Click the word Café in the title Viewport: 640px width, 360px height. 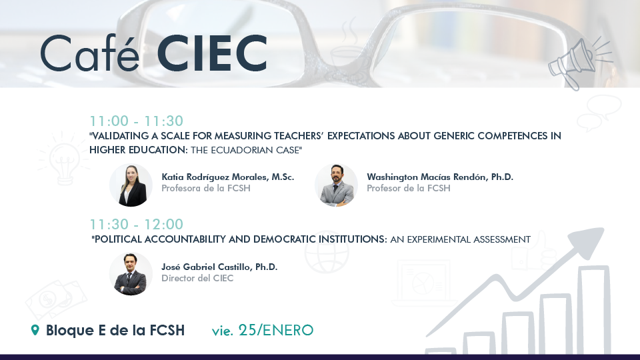(x=90, y=53)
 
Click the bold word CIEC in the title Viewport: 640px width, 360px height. (x=212, y=53)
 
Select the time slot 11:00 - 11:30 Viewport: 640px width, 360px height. (x=136, y=121)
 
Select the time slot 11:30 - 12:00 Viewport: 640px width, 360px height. (x=136, y=224)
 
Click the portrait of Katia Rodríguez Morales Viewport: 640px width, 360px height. (x=131, y=185)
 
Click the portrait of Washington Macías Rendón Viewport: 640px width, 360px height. (x=336, y=185)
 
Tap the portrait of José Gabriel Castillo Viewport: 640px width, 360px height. (x=131, y=274)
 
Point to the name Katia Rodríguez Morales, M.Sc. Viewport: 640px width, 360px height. (x=228, y=177)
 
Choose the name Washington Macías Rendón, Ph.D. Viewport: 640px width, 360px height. (x=440, y=177)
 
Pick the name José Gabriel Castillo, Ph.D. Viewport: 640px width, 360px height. (x=219, y=267)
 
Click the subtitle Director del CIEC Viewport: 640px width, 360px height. (x=197, y=279)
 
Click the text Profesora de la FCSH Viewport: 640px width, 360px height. (x=206, y=188)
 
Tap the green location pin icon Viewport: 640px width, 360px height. (x=35, y=330)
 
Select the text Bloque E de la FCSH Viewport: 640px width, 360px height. (x=115, y=330)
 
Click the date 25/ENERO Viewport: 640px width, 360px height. (x=276, y=330)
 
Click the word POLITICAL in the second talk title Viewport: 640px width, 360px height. (x=117, y=239)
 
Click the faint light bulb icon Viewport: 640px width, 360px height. (x=64, y=159)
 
